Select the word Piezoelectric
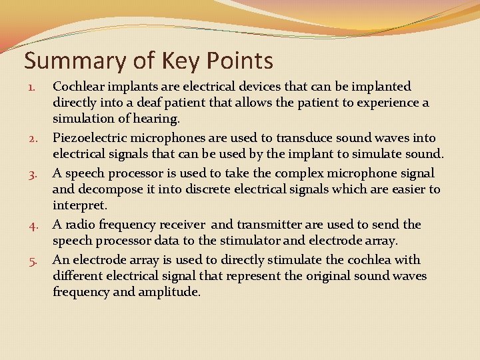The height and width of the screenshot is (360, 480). click(90, 138)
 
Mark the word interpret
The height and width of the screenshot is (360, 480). click(80, 206)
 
